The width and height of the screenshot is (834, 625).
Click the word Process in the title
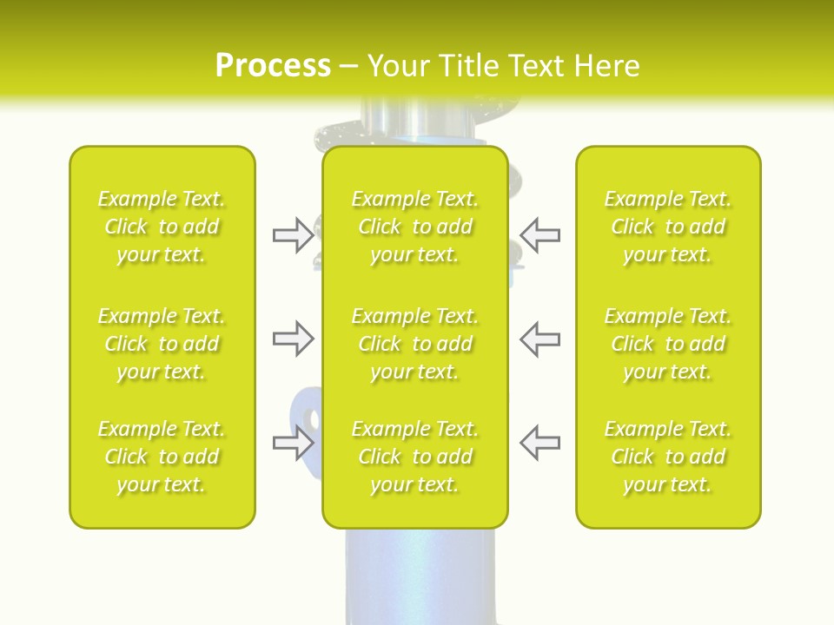point(273,66)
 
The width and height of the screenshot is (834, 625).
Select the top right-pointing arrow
point(293,235)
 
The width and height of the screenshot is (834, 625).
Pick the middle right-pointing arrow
point(293,339)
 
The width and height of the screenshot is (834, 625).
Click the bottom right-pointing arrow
point(293,443)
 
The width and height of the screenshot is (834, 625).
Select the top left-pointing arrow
point(539,235)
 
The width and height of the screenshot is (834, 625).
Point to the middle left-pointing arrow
point(539,339)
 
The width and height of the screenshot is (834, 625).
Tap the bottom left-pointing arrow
point(539,442)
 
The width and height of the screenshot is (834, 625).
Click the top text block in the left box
point(162,227)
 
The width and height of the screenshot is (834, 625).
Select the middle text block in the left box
point(162,344)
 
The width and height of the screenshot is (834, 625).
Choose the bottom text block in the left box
point(162,457)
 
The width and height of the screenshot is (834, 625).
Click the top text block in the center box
point(414,227)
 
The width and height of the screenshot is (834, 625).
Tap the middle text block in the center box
point(414,344)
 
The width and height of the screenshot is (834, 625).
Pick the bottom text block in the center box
point(414,457)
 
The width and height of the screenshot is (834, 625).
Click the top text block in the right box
point(667,227)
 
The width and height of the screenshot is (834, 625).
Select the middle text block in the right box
point(667,344)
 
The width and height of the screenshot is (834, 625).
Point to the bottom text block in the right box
point(667,457)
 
